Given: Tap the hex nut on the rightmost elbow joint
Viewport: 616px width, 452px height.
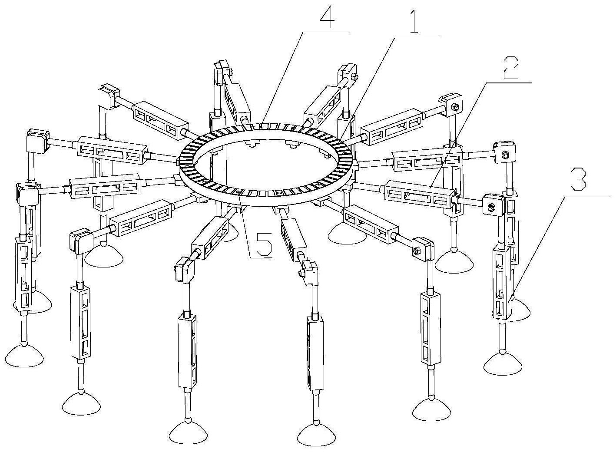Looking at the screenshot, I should [x=506, y=155].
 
